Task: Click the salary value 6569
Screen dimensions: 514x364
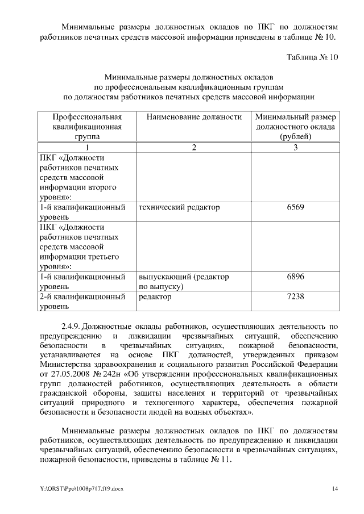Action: (295, 207)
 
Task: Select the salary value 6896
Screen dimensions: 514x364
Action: (295, 277)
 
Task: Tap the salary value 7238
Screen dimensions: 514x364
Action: (295, 296)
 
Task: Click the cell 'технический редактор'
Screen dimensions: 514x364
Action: (179, 207)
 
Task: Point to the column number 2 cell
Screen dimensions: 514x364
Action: (193, 148)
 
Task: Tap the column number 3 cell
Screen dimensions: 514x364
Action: (295, 148)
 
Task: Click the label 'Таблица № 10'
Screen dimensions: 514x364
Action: (312, 57)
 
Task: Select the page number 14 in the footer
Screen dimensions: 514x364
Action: (335, 489)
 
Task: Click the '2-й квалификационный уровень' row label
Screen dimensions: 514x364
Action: (82, 302)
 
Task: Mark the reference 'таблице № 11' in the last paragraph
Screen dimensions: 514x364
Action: (204, 460)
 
